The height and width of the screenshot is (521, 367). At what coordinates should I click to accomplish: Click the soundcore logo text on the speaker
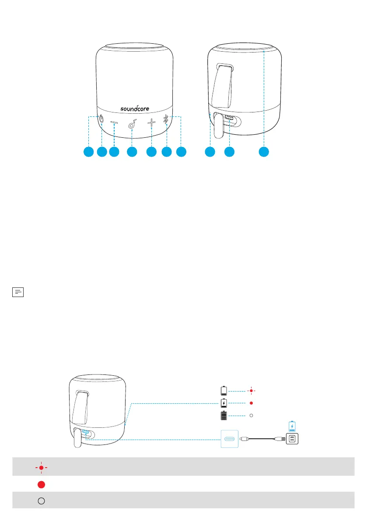[136, 108]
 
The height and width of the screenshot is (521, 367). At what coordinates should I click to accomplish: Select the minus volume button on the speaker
[114, 124]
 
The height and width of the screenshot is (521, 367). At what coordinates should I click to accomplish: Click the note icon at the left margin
[17, 291]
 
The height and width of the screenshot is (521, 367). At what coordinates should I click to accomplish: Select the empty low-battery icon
[224, 390]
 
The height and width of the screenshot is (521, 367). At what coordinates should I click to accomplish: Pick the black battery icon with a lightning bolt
[224, 402]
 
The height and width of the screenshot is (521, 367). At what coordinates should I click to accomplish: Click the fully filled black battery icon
[224, 415]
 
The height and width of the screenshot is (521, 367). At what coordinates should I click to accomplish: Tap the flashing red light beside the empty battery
[251, 390]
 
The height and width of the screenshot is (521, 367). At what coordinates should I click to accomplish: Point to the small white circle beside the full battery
[251, 415]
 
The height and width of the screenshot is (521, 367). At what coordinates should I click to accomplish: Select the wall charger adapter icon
[292, 438]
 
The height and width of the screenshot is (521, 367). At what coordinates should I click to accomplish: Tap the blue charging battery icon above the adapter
[292, 425]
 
